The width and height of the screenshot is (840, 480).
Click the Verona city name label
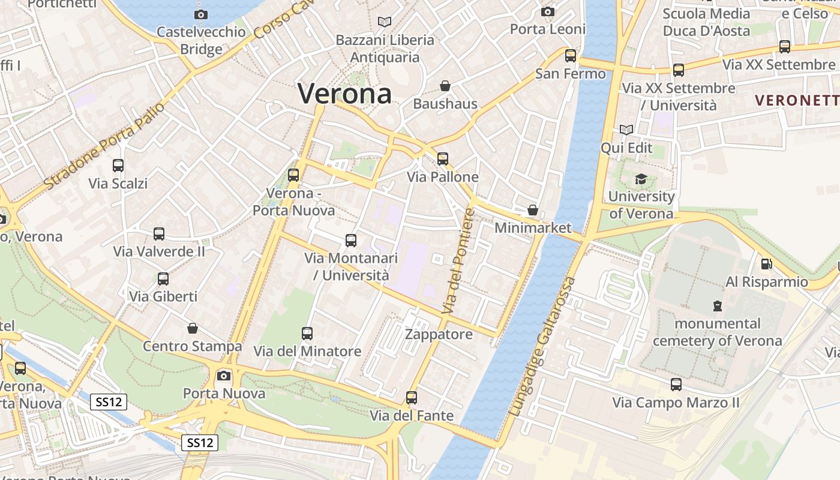pos(345,94)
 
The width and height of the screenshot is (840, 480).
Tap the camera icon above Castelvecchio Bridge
pos(201,14)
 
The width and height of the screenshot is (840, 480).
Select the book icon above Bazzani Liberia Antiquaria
pos(385,22)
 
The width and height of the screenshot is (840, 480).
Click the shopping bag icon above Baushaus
pos(445,86)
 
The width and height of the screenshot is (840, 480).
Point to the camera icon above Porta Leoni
pos(547,11)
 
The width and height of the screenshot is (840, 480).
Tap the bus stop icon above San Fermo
pos(571,56)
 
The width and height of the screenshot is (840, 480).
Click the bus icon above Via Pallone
pos(443,159)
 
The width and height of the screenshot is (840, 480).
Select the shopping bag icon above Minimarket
pos(532,211)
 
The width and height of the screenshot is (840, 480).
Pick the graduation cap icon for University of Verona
pos(641,179)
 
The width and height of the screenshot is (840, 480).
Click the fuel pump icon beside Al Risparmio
pos(766,263)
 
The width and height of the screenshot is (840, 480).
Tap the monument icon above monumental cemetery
pos(717,306)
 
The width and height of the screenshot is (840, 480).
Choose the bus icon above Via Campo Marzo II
pos(676,385)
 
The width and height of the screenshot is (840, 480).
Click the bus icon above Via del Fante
pos(412,398)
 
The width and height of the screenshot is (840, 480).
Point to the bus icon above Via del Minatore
pos(307,334)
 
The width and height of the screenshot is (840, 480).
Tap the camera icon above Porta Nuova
pos(224,376)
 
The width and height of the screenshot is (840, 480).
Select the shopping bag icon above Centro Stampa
pos(193,328)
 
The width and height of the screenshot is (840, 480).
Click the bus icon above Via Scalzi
pos(118,166)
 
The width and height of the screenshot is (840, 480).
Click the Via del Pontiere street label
pos(458,260)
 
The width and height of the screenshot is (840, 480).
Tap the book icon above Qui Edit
pos(626,130)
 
